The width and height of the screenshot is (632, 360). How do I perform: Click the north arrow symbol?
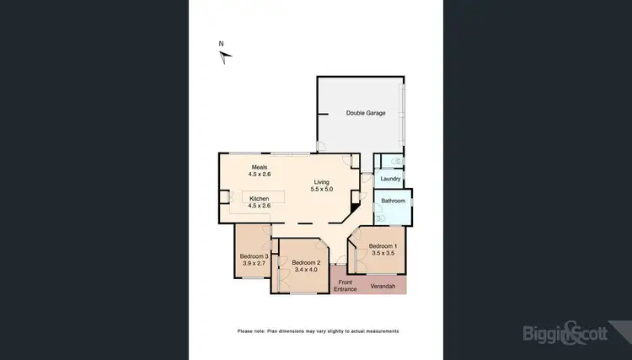[225, 57]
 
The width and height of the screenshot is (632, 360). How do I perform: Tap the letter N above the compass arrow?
[221, 44]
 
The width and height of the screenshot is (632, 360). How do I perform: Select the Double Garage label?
[366, 113]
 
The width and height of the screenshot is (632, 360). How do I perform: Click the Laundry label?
[389, 179]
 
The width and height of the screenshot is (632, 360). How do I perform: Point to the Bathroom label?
[393, 201]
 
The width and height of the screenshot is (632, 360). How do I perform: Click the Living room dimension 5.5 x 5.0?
[323, 190]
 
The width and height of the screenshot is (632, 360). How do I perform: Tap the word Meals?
[258, 167]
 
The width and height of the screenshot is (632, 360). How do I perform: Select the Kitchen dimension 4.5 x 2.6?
[259, 206]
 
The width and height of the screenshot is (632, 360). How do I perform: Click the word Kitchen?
[259, 198]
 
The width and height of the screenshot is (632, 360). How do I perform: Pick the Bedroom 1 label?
[383, 245]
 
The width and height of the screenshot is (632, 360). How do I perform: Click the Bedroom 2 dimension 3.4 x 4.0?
[304, 270]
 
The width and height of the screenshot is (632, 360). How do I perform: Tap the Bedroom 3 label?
[254, 256]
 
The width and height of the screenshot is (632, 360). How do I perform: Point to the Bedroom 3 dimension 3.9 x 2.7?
[254, 264]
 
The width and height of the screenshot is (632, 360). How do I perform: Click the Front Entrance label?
[345, 286]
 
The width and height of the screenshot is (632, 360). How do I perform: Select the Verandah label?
[383, 287]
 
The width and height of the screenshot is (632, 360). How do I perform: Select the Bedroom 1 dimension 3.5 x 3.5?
[383, 253]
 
